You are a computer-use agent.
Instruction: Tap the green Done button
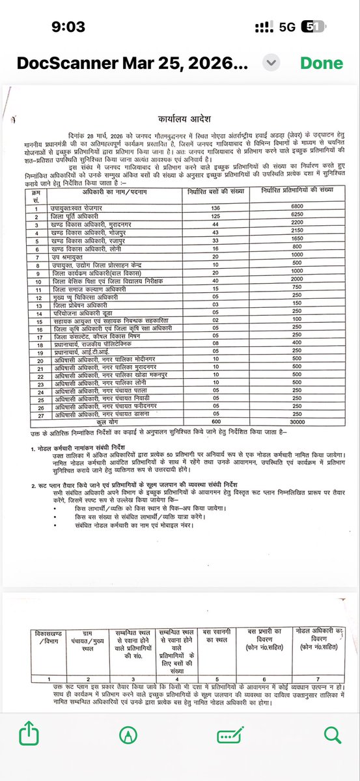pos(321,63)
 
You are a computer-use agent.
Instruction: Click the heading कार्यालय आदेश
pos(180,120)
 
